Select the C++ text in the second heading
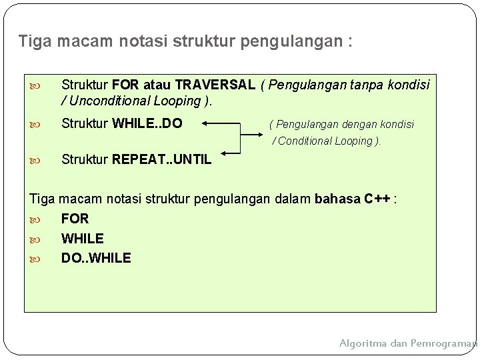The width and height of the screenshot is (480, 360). [x=379, y=199]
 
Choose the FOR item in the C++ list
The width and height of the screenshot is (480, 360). [x=75, y=219]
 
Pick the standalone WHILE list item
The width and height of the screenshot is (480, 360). [x=83, y=238]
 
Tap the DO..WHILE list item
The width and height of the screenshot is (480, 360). [x=96, y=257]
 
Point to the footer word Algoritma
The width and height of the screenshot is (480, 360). [x=365, y=343]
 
